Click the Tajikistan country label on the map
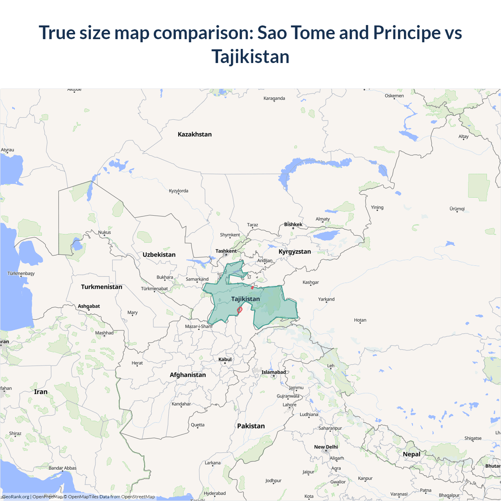click(245, 299)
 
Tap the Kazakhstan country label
click(195, 134)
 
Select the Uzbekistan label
click(159, 255)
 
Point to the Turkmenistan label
click(101, 287)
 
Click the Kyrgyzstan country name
click(295, 252)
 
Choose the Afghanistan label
click(187, 375)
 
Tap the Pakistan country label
click(251, 426)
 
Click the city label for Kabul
click(225, 359)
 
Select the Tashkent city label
click(226, 251)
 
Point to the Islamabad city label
click(274, 372)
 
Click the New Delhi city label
click(326, 447)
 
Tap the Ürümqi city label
click(457, 209)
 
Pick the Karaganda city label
click(274, 98)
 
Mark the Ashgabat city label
click(89, 306)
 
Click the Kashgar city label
click(311, 282)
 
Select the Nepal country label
click(411, 454)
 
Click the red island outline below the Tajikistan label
click(240, 310)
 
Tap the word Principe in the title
click(407, 32)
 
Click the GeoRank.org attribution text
click(16, 497)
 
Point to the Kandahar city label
click(181, 404)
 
